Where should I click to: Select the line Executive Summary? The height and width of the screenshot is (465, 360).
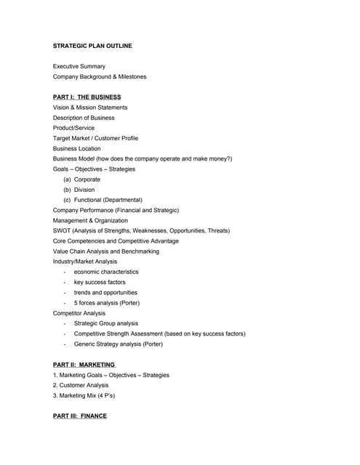tap(79, 66)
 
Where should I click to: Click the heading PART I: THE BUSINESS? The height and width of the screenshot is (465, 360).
tap(87, 97)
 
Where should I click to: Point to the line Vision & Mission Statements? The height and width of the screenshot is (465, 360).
tap(90, 108)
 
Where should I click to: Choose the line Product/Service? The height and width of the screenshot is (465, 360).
tap(73, 128)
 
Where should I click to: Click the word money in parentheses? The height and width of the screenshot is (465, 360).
tap(214, 158)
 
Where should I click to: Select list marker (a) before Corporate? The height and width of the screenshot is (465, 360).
tap(68, 179)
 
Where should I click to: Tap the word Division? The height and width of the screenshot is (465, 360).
tap(84, 190)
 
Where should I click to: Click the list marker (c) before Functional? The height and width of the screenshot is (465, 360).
tap(68, 200)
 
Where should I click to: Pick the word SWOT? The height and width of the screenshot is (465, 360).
tap(62, 230)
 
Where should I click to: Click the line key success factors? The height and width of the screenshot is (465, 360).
tap(100, 282)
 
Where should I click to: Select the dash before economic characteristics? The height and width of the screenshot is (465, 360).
tap(65, 272)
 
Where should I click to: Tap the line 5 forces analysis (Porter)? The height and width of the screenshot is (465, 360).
tap(107, 302)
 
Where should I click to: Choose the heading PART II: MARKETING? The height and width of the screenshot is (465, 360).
tap(84, 364)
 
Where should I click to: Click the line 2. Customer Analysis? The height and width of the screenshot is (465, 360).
tap(81, 385)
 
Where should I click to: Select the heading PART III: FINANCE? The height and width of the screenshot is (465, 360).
tap(80, 416)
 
